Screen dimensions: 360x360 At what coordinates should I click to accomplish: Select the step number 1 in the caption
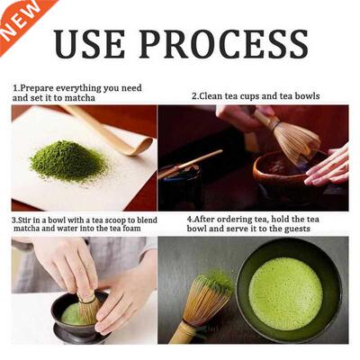(15, 89)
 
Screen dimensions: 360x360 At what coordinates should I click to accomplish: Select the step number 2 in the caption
(194, 95)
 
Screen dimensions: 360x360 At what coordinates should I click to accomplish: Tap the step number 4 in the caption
(190, 219)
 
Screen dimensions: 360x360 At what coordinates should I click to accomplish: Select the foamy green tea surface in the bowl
(285, 292)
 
